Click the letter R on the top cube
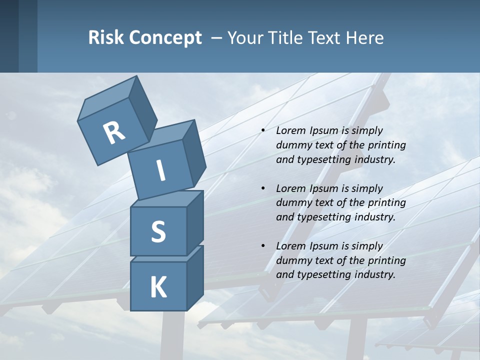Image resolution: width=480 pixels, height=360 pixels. click(114, 132)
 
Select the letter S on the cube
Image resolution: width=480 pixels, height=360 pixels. click(158, 231)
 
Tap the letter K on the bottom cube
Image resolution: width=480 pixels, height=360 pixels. click(158, 287)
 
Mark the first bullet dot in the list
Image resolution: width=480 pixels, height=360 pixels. click(263, 130)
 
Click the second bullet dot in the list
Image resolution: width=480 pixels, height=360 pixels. click(263, 188)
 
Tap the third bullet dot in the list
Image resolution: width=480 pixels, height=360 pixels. click(263, 246)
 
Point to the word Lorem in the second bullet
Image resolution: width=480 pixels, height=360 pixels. click(290, 188)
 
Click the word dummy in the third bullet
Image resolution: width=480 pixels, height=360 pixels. click(292, 260)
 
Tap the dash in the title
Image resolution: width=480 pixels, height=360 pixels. click(217, 37)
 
